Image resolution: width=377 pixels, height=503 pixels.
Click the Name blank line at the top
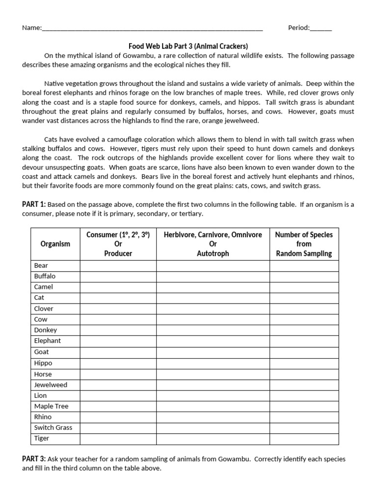click(152, 28)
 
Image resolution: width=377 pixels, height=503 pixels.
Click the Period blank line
click(321, 28)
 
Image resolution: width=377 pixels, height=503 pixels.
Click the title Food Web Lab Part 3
click(188, 46)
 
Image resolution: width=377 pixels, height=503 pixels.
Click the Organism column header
click(55, 244)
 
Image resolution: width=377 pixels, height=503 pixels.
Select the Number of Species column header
click(304, 244)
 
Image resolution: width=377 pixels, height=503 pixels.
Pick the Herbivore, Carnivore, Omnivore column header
click(213, 244)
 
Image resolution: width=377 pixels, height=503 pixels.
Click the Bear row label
click(41, 266)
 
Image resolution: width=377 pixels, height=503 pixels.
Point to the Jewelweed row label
click(51, 385)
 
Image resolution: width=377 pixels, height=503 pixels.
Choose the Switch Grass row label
click(53, 427)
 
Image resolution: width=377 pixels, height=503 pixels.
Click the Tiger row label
click(42, 438)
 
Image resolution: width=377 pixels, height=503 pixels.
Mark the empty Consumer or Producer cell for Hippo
click(118, 363)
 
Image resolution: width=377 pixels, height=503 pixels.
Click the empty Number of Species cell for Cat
click(304, 298)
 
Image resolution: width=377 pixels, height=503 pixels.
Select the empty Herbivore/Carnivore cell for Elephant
click(213, 341)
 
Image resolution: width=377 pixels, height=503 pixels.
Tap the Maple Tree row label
click(51, 406)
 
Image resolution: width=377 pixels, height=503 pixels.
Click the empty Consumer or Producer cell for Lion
click(118, 395)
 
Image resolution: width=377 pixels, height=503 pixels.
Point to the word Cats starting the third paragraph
click(53, 140)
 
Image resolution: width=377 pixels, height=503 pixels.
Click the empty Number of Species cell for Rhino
click(304, 417)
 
